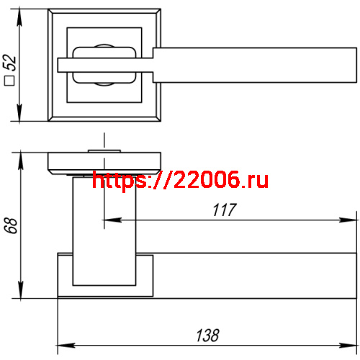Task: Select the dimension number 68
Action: pos(10,225)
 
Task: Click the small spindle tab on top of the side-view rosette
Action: pos(104,150)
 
